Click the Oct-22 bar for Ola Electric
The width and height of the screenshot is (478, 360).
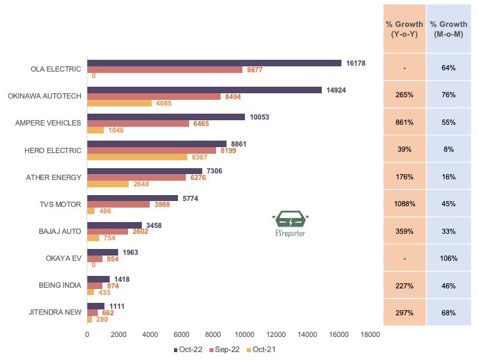[214, 63]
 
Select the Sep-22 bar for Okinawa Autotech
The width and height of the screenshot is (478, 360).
[154, 97]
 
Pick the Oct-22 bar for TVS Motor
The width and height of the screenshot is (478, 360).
[133, 198]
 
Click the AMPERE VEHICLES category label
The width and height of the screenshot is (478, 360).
[48, 123]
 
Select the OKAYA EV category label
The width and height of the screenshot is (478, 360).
[63, 258]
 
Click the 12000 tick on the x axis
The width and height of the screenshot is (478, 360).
[276, 335]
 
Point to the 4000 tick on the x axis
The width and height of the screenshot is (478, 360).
[150, 335]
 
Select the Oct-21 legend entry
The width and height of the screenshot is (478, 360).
[260, 349]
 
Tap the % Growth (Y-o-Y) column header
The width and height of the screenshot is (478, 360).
[404, 29]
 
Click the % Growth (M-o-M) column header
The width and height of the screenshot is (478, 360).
[448, 29]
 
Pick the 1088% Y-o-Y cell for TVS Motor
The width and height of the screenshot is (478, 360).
[404, 204]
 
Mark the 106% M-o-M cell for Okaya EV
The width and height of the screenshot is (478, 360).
[448, 258]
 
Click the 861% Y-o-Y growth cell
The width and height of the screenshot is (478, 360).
[404, 122]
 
